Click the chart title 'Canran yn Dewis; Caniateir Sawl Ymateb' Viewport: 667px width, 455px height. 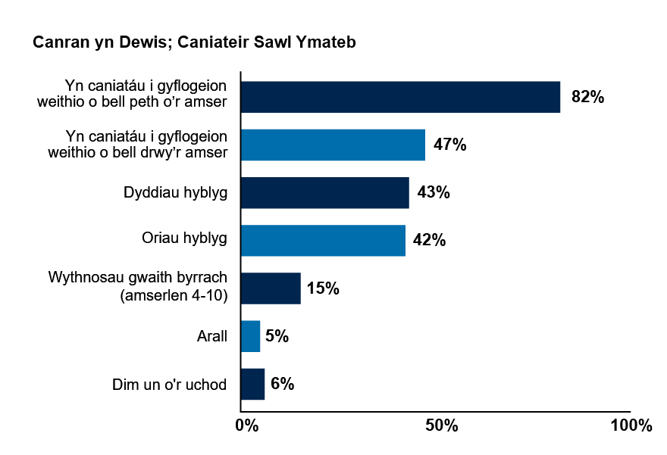[x=194, y=43]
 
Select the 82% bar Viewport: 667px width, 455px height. [x=400, y=97]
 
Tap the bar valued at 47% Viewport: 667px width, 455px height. [x=333, y=145]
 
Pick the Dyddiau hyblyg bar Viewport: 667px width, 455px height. [x=324, y=192]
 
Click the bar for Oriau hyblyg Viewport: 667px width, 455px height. [x=323, y=241]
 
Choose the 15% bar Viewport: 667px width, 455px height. [x=271, y=288]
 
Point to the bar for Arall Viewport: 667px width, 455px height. [x=250, y=336]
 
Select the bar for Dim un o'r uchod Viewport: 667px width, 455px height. [x=252, y=384]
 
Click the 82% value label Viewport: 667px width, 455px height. [x=587, y=97]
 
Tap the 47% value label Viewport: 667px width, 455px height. [x=449, y=145]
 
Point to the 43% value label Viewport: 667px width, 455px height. [x=434, y=192]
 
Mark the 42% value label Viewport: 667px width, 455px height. [x=429, y=241]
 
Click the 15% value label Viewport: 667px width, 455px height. [x=323, y=288]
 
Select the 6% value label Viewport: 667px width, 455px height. [x=282, y=384]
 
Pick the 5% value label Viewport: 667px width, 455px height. [x=277, y=336]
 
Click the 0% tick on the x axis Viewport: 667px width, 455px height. [x=246, y=425]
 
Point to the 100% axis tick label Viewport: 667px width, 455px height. [x=631, y=425]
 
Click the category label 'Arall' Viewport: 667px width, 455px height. [x=211, y=336]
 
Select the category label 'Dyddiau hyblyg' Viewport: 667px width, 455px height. [x=175, y=192]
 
